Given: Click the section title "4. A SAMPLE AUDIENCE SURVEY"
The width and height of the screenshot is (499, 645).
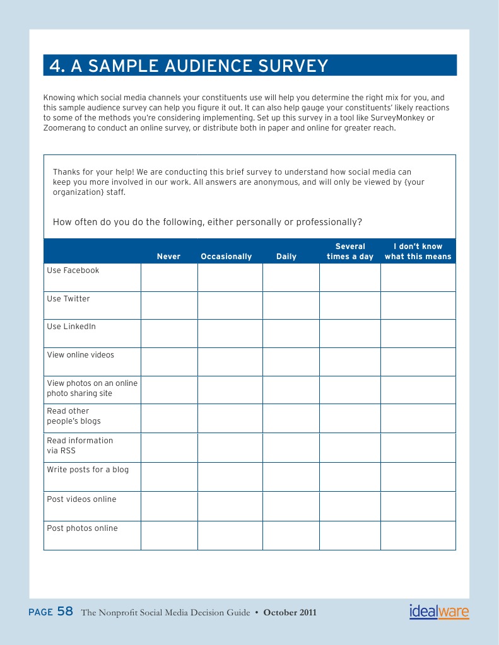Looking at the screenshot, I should click(x=189, y=66).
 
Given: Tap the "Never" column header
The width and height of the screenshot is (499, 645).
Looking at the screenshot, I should click(x=168, y=257).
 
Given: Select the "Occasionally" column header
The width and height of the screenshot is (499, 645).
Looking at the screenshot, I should click(x=226, y=257).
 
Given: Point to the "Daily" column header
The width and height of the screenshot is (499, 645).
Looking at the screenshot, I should click(x=286, y=257).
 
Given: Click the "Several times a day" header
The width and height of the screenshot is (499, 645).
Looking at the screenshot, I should click(x=350, y=252).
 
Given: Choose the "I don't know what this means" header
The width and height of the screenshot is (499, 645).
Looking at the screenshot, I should click(x=418, y=252).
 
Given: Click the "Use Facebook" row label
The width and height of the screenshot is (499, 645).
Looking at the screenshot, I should click(x=73, y=270).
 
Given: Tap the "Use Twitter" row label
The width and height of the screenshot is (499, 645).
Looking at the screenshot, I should click(x=68, y=299).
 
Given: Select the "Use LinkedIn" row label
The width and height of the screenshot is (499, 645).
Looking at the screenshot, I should click(x=71, y=327).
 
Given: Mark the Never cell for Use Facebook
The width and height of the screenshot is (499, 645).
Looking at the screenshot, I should click(x=169, y=277).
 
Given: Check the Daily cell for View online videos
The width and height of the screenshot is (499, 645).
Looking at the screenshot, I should click(x=291, y=362).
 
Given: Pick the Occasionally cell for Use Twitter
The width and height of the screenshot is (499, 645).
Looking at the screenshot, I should click(x=230, y=305).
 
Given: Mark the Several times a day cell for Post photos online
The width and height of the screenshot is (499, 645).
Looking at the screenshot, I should click(x=349, y=535).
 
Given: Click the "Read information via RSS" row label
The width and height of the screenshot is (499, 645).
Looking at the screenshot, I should click(x=80, y=445).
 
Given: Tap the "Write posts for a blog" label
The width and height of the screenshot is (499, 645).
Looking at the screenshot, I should click(x=88, y=470).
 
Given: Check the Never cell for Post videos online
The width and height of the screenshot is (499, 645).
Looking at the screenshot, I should click(x=169, y=506).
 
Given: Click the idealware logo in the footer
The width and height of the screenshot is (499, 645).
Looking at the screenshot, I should click(x=439, y=612).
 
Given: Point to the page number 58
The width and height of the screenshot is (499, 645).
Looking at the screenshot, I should click(x=65, y=612).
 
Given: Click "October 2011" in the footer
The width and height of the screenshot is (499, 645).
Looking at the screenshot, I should click(x=290, y=613).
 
